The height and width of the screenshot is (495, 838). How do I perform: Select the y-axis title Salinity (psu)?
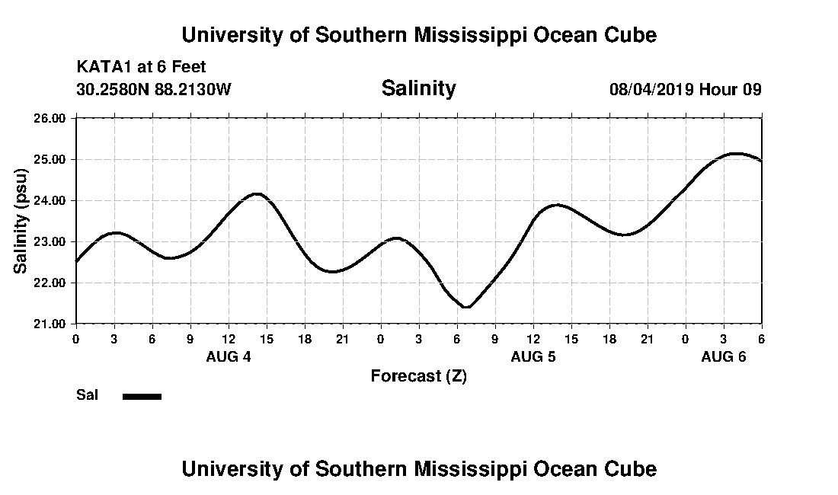coord(21,221)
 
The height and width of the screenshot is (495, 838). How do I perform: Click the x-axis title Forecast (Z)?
coord(418,376)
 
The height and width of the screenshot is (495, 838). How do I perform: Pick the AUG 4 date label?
coord(229,356)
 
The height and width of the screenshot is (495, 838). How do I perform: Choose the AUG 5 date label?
coord(533,356)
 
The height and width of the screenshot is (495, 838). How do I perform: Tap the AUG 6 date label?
coord(723,356)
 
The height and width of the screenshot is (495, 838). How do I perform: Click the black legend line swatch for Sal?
coord(142,396)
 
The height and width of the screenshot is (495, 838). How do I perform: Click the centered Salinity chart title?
coord(418,88)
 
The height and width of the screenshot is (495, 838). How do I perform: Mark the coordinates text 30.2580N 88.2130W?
coord(153,89)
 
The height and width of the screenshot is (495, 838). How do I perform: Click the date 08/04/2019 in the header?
coord(651,89)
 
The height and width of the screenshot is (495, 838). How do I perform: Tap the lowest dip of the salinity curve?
coord(465,307)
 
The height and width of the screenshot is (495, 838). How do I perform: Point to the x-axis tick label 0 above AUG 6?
coord(686,337)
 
